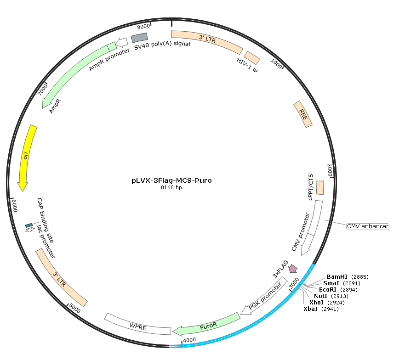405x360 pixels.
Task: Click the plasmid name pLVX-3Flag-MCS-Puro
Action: [171, 180]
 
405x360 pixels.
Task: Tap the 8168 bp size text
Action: [171, 188]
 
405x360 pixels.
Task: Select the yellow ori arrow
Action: [26, 157]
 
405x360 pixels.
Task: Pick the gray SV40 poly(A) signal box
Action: [139, 38]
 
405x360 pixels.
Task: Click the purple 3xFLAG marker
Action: [293, 268]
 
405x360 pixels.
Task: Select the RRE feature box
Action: [303, 114]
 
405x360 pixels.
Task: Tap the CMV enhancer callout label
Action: [368, 226]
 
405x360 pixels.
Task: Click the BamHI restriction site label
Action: [337, 277]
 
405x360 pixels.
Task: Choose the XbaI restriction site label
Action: [310, 309]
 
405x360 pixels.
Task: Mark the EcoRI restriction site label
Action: [328, 290]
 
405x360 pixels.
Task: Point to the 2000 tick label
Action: [330, 170]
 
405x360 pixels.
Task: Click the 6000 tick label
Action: [14, 206]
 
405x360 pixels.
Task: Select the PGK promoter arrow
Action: [264, 296]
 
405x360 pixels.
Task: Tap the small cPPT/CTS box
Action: [320, 188]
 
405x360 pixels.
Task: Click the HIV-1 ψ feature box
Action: [252, 58]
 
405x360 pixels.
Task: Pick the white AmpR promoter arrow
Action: [122, 42]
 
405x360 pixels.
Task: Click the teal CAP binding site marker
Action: [29, 225]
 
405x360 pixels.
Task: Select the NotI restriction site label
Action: [320, 296]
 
